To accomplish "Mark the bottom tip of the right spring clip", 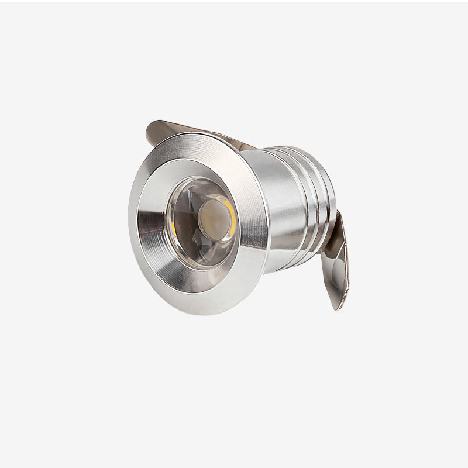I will [337, 307].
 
